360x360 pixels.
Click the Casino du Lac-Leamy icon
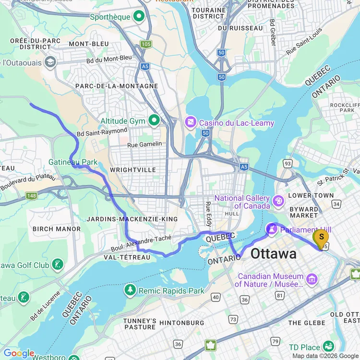(191, 123)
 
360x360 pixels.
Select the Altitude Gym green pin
(154, 121)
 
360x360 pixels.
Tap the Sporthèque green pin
(139, 17)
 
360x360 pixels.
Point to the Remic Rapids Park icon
(130, 290)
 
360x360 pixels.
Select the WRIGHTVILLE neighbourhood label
(133, 170)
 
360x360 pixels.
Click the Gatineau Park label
(73, 162)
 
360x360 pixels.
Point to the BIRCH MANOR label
(57, 229)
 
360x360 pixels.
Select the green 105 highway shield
(146, 44)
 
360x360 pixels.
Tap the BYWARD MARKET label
(304, 212)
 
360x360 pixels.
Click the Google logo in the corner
(18, 354)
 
